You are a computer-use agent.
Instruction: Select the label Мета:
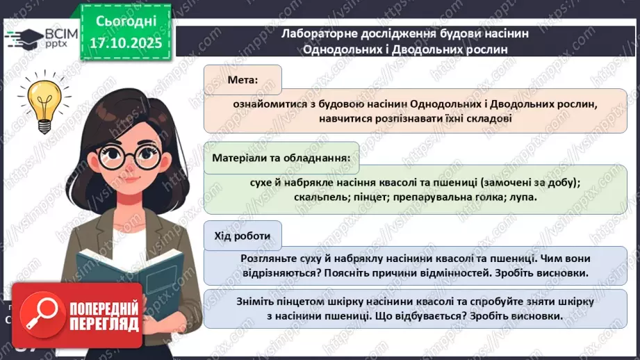(x=242, y=80)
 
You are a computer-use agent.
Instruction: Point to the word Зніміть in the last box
(x=256, y=302)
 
